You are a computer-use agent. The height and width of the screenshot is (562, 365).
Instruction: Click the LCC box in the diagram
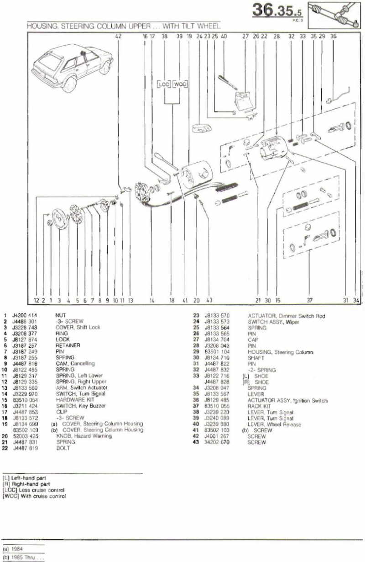tap(164, 84)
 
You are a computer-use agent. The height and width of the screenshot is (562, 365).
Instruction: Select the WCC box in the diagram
tap(181, 84)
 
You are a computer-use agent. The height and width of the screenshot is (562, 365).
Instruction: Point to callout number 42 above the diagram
tap(119, 35)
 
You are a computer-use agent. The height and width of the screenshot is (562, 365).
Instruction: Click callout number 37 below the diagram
tap(310, 301)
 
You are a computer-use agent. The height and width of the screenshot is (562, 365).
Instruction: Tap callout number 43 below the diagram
tap(209, 301)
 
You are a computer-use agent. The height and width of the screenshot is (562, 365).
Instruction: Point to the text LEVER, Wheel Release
tap(274, 424)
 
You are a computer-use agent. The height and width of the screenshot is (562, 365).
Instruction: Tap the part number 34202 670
tap(218, 442)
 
